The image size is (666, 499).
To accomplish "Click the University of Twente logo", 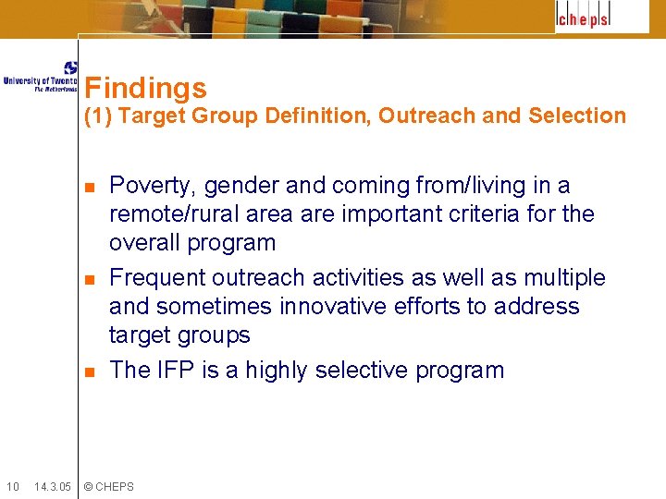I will pos(41,77).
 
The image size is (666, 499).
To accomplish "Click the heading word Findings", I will pos(145,89).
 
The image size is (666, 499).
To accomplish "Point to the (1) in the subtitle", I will pos(98,116).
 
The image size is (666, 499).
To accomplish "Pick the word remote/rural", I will pos(169,214).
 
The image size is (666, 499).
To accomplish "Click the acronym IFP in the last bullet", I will pos(175,371).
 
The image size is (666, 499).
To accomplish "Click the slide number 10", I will pos(12,486).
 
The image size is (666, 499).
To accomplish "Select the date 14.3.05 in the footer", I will pos(52,486).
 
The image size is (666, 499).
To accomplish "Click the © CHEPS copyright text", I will pos(108,486).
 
